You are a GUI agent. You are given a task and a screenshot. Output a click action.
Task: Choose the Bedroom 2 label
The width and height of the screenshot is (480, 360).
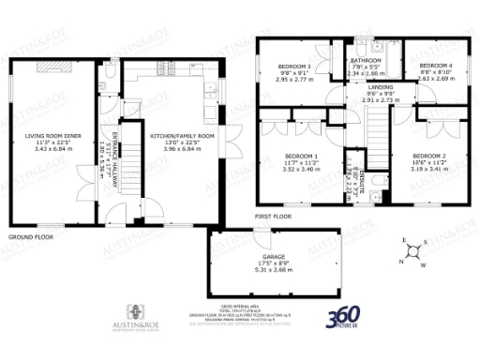coord(428,156)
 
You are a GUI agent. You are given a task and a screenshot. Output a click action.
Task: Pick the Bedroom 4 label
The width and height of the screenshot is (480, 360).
coord(436,66)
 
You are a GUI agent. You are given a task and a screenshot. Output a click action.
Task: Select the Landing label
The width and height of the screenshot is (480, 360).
coord(381,87)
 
